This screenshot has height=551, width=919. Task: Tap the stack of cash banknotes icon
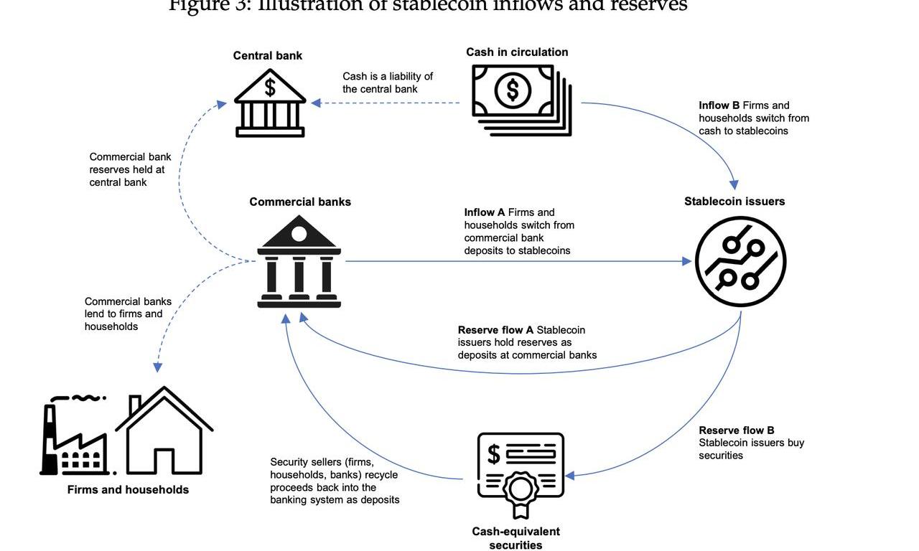[521, 99]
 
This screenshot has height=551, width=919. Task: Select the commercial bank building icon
[299, 263]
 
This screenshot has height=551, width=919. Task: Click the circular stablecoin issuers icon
[740, 262]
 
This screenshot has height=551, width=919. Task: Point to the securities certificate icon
[521, 474]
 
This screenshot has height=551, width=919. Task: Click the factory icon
[74, 437]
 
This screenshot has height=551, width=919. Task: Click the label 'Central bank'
[268, 56]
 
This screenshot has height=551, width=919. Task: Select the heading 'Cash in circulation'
[517, 52]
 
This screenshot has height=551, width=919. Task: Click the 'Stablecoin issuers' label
[734, 202]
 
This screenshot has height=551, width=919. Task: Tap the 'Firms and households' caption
[128, 490]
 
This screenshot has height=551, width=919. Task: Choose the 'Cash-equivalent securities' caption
[516, 538]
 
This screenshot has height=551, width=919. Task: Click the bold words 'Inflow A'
[485, 212]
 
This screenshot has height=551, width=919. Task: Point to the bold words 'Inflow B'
[719, 105]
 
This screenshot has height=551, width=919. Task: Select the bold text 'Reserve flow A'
[495, 330]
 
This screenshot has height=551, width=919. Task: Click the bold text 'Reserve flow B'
[737, 430]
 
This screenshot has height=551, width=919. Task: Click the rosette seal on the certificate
[521, 491]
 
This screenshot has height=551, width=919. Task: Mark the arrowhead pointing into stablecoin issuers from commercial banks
[686, 262]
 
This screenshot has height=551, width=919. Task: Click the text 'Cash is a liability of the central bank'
[388, 83]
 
